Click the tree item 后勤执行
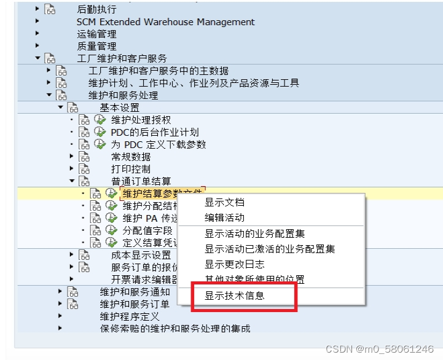tap(96, 9)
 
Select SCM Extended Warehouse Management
tap(165, 22)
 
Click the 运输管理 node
tap(96, 34)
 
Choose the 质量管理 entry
tap(96, 46)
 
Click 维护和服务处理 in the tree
tap(123, 95)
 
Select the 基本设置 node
tap(119, 108)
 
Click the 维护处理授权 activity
tap(141, 120)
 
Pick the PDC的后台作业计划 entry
tap(154, 132)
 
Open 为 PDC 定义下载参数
tap(159, 144)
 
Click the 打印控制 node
tap(131, 169)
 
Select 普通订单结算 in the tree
tap(141, 181)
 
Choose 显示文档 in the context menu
tap(224, 202)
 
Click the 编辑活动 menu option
tap(224, 217)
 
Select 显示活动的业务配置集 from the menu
tap(254, 233)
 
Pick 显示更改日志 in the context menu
tap(234, 264)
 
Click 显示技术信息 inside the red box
tap(234, 295)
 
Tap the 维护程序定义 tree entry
tap(130, 316)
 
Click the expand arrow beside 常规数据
tap(71, 157)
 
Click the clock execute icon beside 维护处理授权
tap(100, 120)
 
